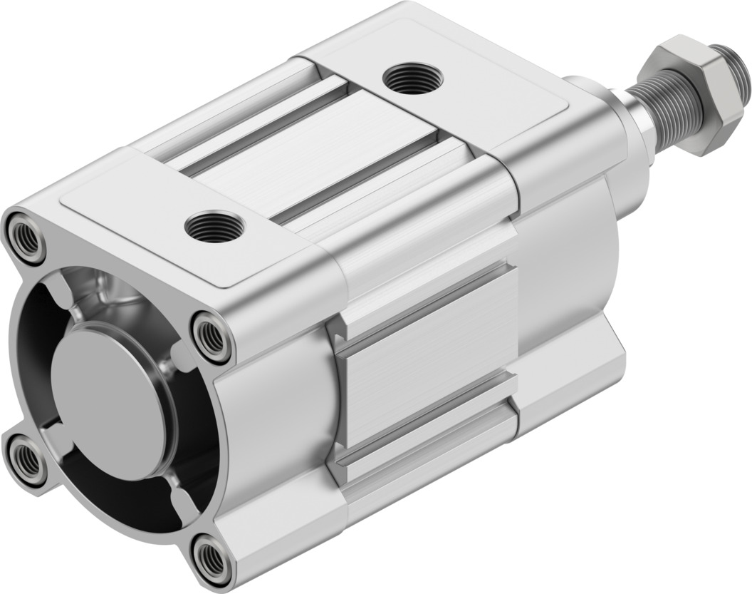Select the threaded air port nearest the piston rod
tap(412, 77)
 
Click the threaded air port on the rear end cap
tap(214, 227)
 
